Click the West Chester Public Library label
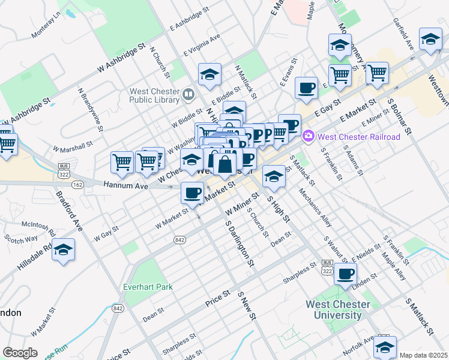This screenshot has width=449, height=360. pyautogui.click(x=155, y=95)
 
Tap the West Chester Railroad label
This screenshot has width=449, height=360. pyautogui.click(x=358, y=137)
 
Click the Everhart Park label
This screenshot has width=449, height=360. pyautogui.click(x=148, y=287)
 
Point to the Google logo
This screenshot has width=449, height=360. pyautogui.click(x=20, y=352)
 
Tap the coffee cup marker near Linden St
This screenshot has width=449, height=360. pyautogui.click(x=345, y=274)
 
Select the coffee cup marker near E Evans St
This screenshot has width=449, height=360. pyautogui.click(x=307, y=88)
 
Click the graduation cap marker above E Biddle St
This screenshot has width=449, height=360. pyautogui.click(x=209, y=74)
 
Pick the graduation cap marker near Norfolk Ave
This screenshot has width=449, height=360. pyautogui.click(x=385, y=346)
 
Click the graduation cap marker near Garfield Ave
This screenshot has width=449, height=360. pyautogui.click(x=430, y=39)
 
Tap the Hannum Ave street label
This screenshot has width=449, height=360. pyautogui.click(x=125, y=186)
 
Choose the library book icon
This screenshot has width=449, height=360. pyautogui.click(x=188, y=94)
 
